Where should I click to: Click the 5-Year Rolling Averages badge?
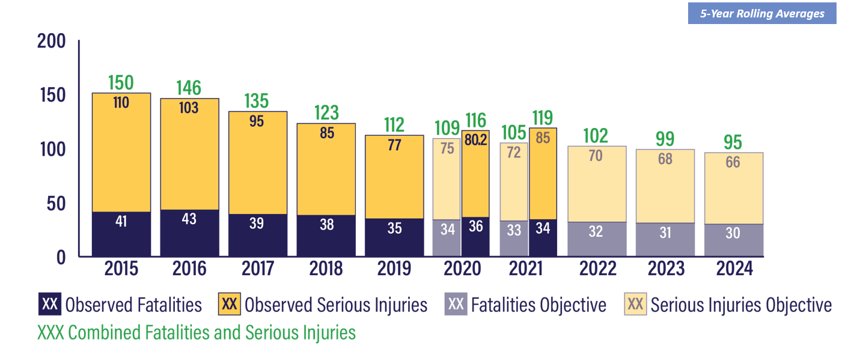click(761, 14)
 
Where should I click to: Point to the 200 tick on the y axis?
click(51, 41)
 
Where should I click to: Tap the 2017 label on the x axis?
click(258, 269)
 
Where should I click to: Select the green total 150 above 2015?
click(121, 82)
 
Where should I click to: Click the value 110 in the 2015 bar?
click(121, 102)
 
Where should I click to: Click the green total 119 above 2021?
click(542, 118)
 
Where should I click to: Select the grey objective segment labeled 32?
click(596, 239)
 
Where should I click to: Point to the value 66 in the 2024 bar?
click(733, 162)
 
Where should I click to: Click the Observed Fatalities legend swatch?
click(50, 305)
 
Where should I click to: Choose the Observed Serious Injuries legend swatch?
click(230, 305)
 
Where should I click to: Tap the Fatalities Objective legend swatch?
click(456, 305)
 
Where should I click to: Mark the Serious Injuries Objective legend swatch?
click(635, 305)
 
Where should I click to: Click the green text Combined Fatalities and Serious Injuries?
click(197, 332)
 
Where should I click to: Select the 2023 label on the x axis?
click(666, 269)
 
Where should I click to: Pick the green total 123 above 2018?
click(326, 112)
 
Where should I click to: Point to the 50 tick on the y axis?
click(55, 203)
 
